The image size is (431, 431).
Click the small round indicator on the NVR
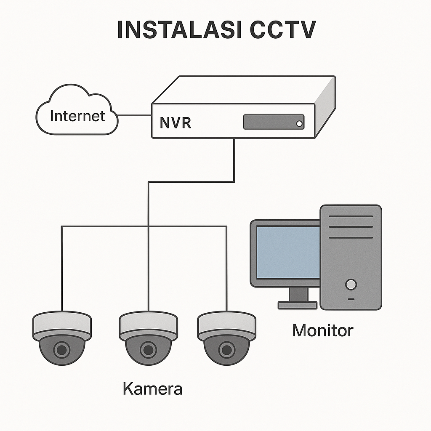299,124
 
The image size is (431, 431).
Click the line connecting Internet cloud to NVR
135,115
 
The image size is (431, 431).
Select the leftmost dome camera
62,337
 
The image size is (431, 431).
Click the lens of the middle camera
148,349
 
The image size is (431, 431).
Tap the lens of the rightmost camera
226,349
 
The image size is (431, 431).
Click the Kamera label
152,388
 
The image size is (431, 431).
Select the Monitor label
323,330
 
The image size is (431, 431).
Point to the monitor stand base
298,305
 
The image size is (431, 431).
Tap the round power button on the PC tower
351,285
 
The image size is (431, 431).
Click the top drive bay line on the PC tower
351,217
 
